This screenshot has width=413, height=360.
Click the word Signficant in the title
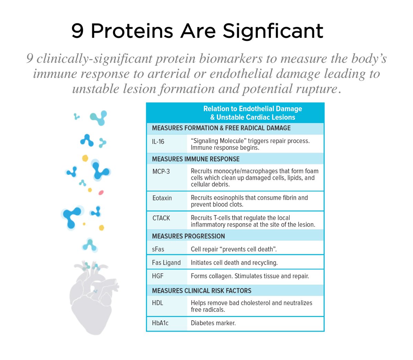(273, 31)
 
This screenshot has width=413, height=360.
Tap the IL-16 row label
(158, 141)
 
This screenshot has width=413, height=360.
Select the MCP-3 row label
(161, 171)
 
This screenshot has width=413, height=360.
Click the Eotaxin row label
(162, 198)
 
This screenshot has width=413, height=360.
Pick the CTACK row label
(161, 218)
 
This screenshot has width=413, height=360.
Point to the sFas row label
(158, 249)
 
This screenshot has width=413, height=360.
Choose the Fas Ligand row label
(166, 263)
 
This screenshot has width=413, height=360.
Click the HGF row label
(158, 276)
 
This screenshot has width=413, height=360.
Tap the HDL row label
(157, 303)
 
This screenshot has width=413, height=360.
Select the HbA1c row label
(160, 323)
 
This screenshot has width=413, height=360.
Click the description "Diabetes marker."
(213, 323)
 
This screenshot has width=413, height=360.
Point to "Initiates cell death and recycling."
(234, 263)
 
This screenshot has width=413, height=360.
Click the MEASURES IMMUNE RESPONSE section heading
(195, 159)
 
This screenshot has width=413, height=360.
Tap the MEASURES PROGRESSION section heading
(188, 236)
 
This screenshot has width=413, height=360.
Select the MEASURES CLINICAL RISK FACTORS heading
(201, 290)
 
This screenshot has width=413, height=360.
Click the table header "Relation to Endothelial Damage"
(253, 109)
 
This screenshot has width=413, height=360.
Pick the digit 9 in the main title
(77, 31)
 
